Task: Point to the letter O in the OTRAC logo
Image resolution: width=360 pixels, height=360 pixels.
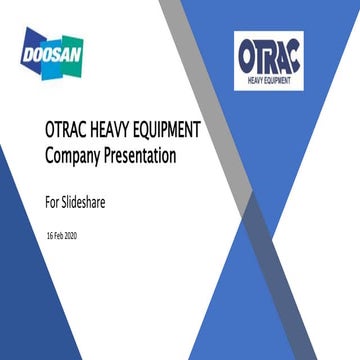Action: coord(249,55)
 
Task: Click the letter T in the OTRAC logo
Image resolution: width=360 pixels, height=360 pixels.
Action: coord(264,55)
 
